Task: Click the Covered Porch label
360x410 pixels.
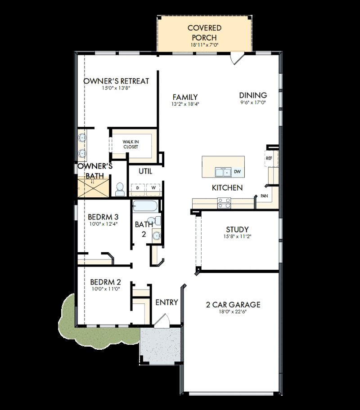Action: coord(204,32)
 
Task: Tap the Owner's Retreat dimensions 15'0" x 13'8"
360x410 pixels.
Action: coord(116,89)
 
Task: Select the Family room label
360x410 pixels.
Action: coord(185,97)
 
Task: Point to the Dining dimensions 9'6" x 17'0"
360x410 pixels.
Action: coord(253,102)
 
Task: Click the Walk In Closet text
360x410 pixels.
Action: coord(130,144)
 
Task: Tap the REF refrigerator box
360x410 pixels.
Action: coord(270,158)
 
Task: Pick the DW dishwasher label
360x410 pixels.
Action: coord(237,172)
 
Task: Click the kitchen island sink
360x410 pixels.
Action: coord(222,172)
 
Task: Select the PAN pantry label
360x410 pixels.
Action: coord(265,196)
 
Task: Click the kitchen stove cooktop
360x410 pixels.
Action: coord(224,203)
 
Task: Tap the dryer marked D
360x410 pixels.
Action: coord(138,188)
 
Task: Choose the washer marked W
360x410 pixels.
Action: coord(153,188)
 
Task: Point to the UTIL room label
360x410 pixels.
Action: coord(145,171)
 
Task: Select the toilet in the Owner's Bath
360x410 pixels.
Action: coord(120,189)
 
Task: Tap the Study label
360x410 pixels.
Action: coord(237,230)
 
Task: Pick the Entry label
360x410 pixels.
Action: coord(166,303)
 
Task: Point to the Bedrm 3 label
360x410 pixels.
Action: coord(103,216)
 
